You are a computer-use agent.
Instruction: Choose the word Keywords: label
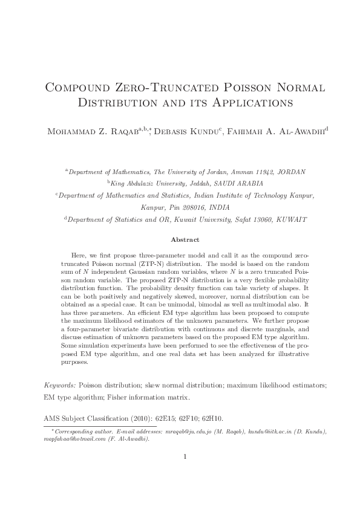(x=61, y=385)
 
